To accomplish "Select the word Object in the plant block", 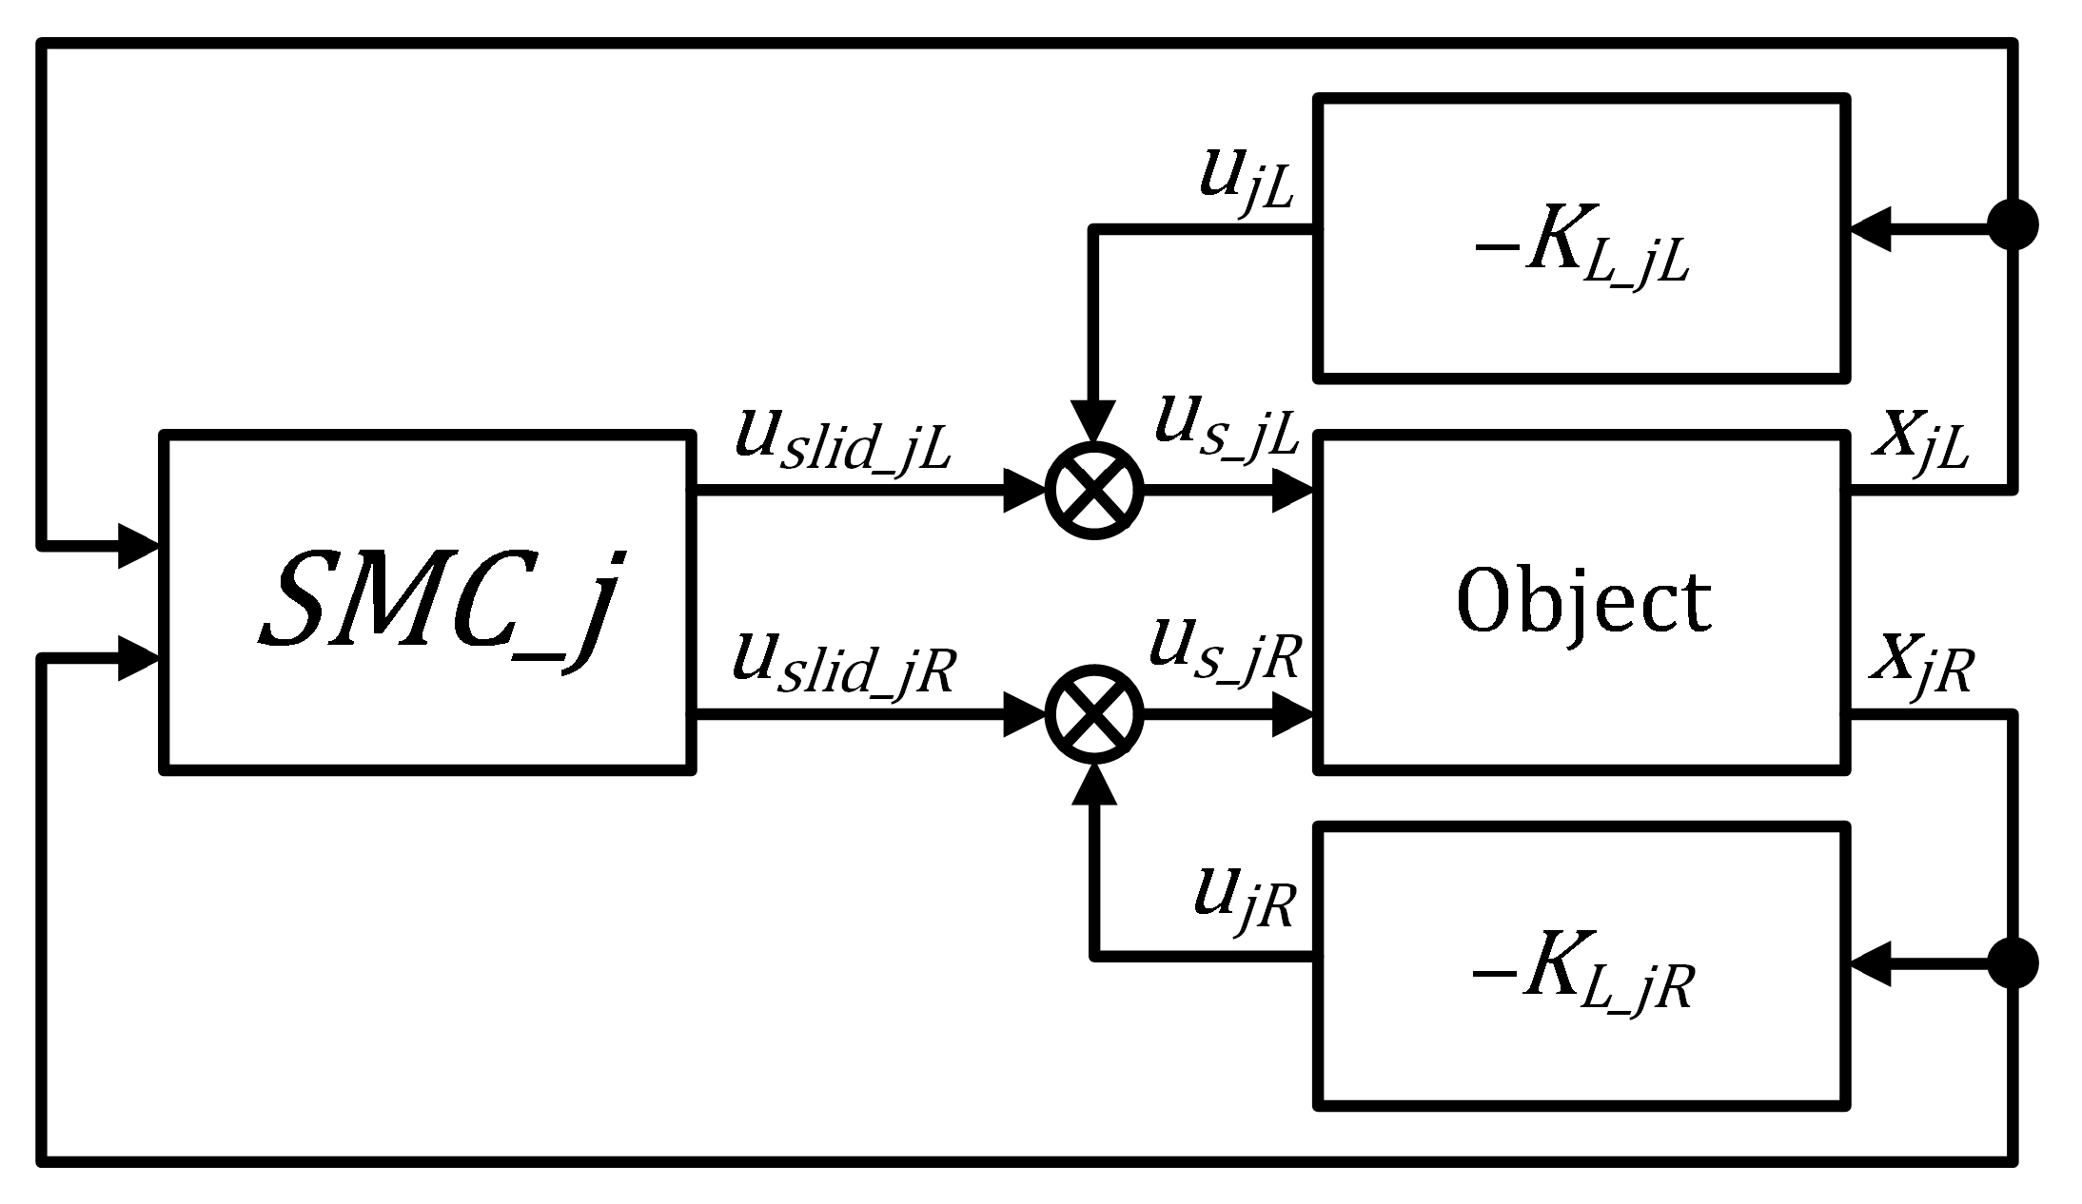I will pyautogui.click(x=1582, y=602).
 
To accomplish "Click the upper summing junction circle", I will pyautogui.click(x=1094, y=491).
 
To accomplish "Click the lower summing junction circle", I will pyautogui.click(x=1094, y=713).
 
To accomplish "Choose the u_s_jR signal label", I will pyautogui.click(x=1224, y=649).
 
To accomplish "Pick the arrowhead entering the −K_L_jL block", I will pyautogui.click(x=1870, y=228).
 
